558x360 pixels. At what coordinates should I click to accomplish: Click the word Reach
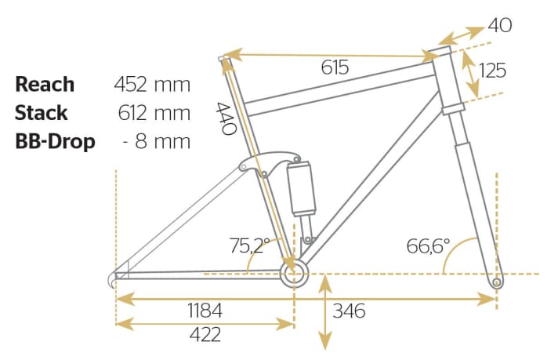point(45,85)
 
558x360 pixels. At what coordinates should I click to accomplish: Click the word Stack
point(42,113)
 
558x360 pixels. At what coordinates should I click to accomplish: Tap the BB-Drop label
point(55,141)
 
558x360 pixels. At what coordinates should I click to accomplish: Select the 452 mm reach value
point(152,85)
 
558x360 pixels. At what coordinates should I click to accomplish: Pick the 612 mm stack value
point(154,113)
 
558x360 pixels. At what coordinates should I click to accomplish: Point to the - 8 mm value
point(157,141)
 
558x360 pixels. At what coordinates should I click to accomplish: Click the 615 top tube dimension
point(335,67)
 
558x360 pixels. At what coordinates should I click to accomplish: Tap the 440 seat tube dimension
point(226,118)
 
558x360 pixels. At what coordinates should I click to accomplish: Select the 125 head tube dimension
point(492,70)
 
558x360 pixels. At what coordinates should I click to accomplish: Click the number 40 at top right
point(500,25)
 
